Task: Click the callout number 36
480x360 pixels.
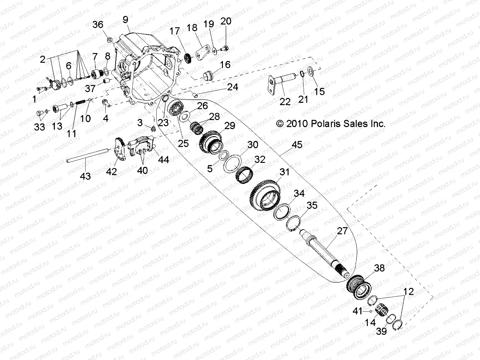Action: tap(98, 25)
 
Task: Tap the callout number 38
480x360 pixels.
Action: tap(379, 268)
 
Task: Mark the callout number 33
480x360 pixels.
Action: tap(40, 127)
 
